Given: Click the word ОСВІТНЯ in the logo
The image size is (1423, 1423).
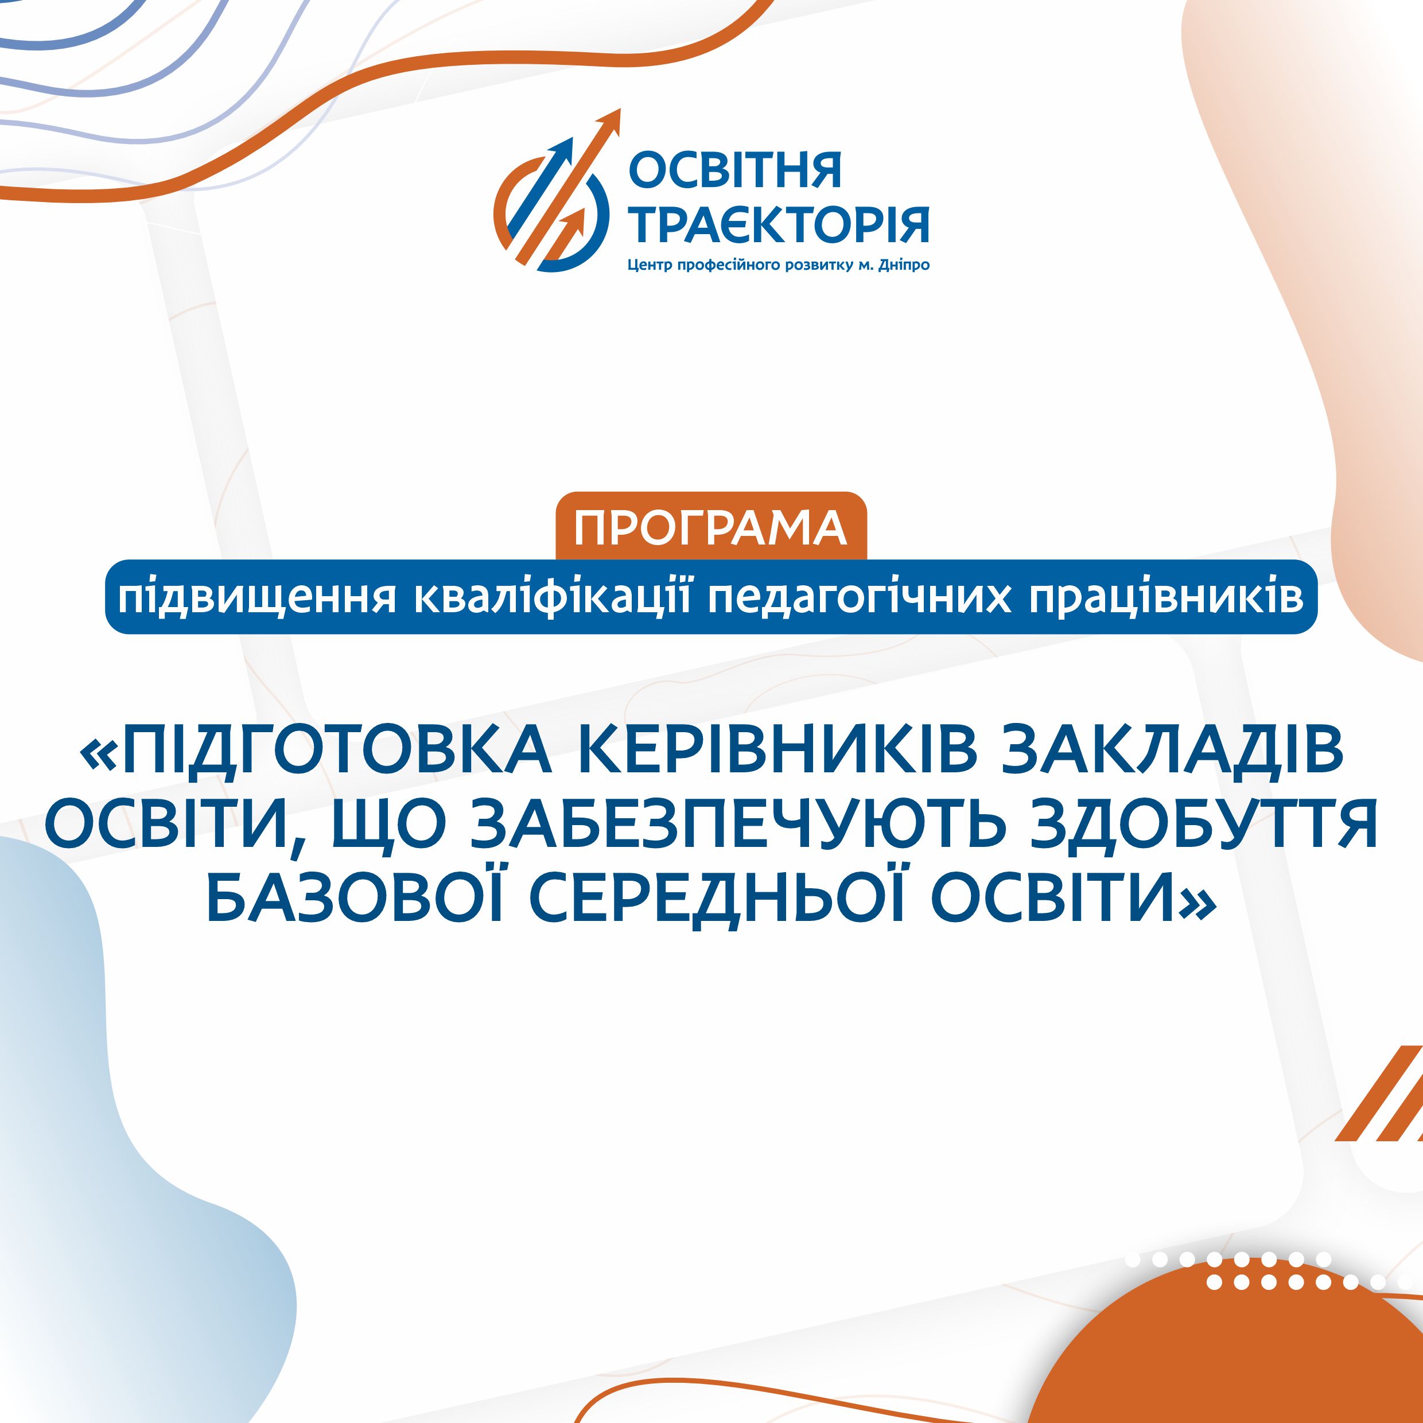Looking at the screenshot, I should coord(734,170).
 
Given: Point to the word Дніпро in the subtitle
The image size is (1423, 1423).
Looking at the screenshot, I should coord(903,265).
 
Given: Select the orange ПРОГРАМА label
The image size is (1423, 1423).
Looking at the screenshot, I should coord(711,527).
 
